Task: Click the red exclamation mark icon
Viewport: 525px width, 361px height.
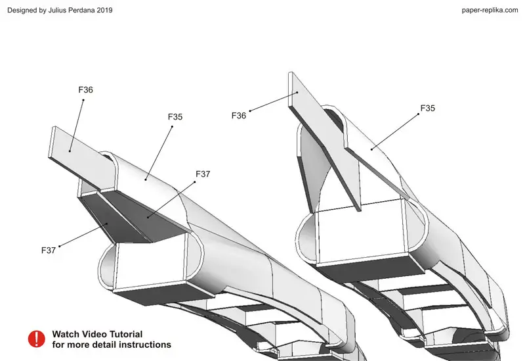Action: [x=37, y=339]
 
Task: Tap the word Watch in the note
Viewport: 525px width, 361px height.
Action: [x=66, y=334]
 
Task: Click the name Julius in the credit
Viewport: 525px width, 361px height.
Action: [x=57, y=10]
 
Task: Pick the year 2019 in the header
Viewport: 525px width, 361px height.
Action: [x=105, y=10]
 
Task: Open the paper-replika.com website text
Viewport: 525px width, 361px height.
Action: [x=490, y=10]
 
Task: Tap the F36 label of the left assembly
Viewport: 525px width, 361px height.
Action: [x=85, y=90]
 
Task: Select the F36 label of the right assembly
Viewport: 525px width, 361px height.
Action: [x=239, y=116]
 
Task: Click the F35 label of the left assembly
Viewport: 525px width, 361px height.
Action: [x=175, y=117]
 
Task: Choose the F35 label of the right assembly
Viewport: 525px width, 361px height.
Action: [x=428, y=108]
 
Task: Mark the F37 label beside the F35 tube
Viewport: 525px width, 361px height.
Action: [x=203, y=174]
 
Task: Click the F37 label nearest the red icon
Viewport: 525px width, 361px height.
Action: [x=49, y=251]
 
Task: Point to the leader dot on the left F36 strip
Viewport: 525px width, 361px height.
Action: [x=70, y=151]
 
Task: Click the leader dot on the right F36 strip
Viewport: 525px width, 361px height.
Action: [x=297, y=92]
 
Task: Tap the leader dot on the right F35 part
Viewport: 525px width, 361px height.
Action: [x=371, y=149]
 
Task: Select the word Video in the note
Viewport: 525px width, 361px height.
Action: [x=93, y=334]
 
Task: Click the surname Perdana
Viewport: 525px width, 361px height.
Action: [x=81, y=10]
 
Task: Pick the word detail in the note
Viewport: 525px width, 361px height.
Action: [x=104, y=345]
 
